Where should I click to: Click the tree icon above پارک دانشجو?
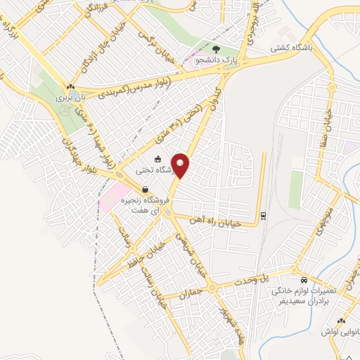click(x=214, y=50)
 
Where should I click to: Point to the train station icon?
click(x=263, y=215)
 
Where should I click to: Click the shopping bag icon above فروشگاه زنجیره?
click(x=144, y=189)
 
